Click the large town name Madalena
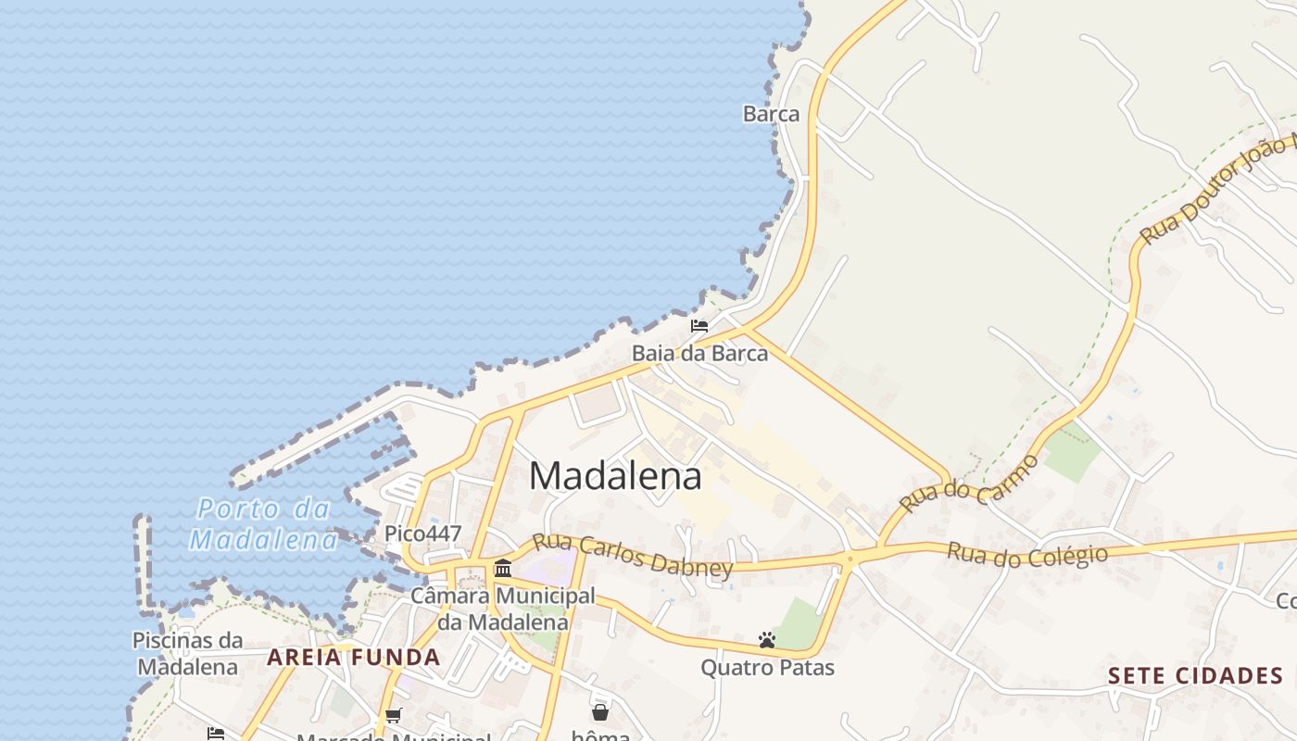[615, 476]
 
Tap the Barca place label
[771, 114]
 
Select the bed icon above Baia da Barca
[699, 326]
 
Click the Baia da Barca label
[699, 353]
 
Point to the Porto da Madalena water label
[263, 524]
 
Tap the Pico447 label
[422, 534]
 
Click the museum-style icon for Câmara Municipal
[503, 568]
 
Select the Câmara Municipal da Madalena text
[503, 609]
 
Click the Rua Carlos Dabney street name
[632, 553]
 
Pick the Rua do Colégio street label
[1026, 555]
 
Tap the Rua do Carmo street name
[968, 484]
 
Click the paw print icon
[766, 639]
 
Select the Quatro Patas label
[767, 667]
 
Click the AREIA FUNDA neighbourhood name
[354, 658]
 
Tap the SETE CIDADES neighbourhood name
[1195, 675]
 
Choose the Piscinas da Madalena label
[188, 653]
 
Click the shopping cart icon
[393, 715]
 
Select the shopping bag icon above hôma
[600, 711]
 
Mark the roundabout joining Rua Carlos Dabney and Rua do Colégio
[850, 558]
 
